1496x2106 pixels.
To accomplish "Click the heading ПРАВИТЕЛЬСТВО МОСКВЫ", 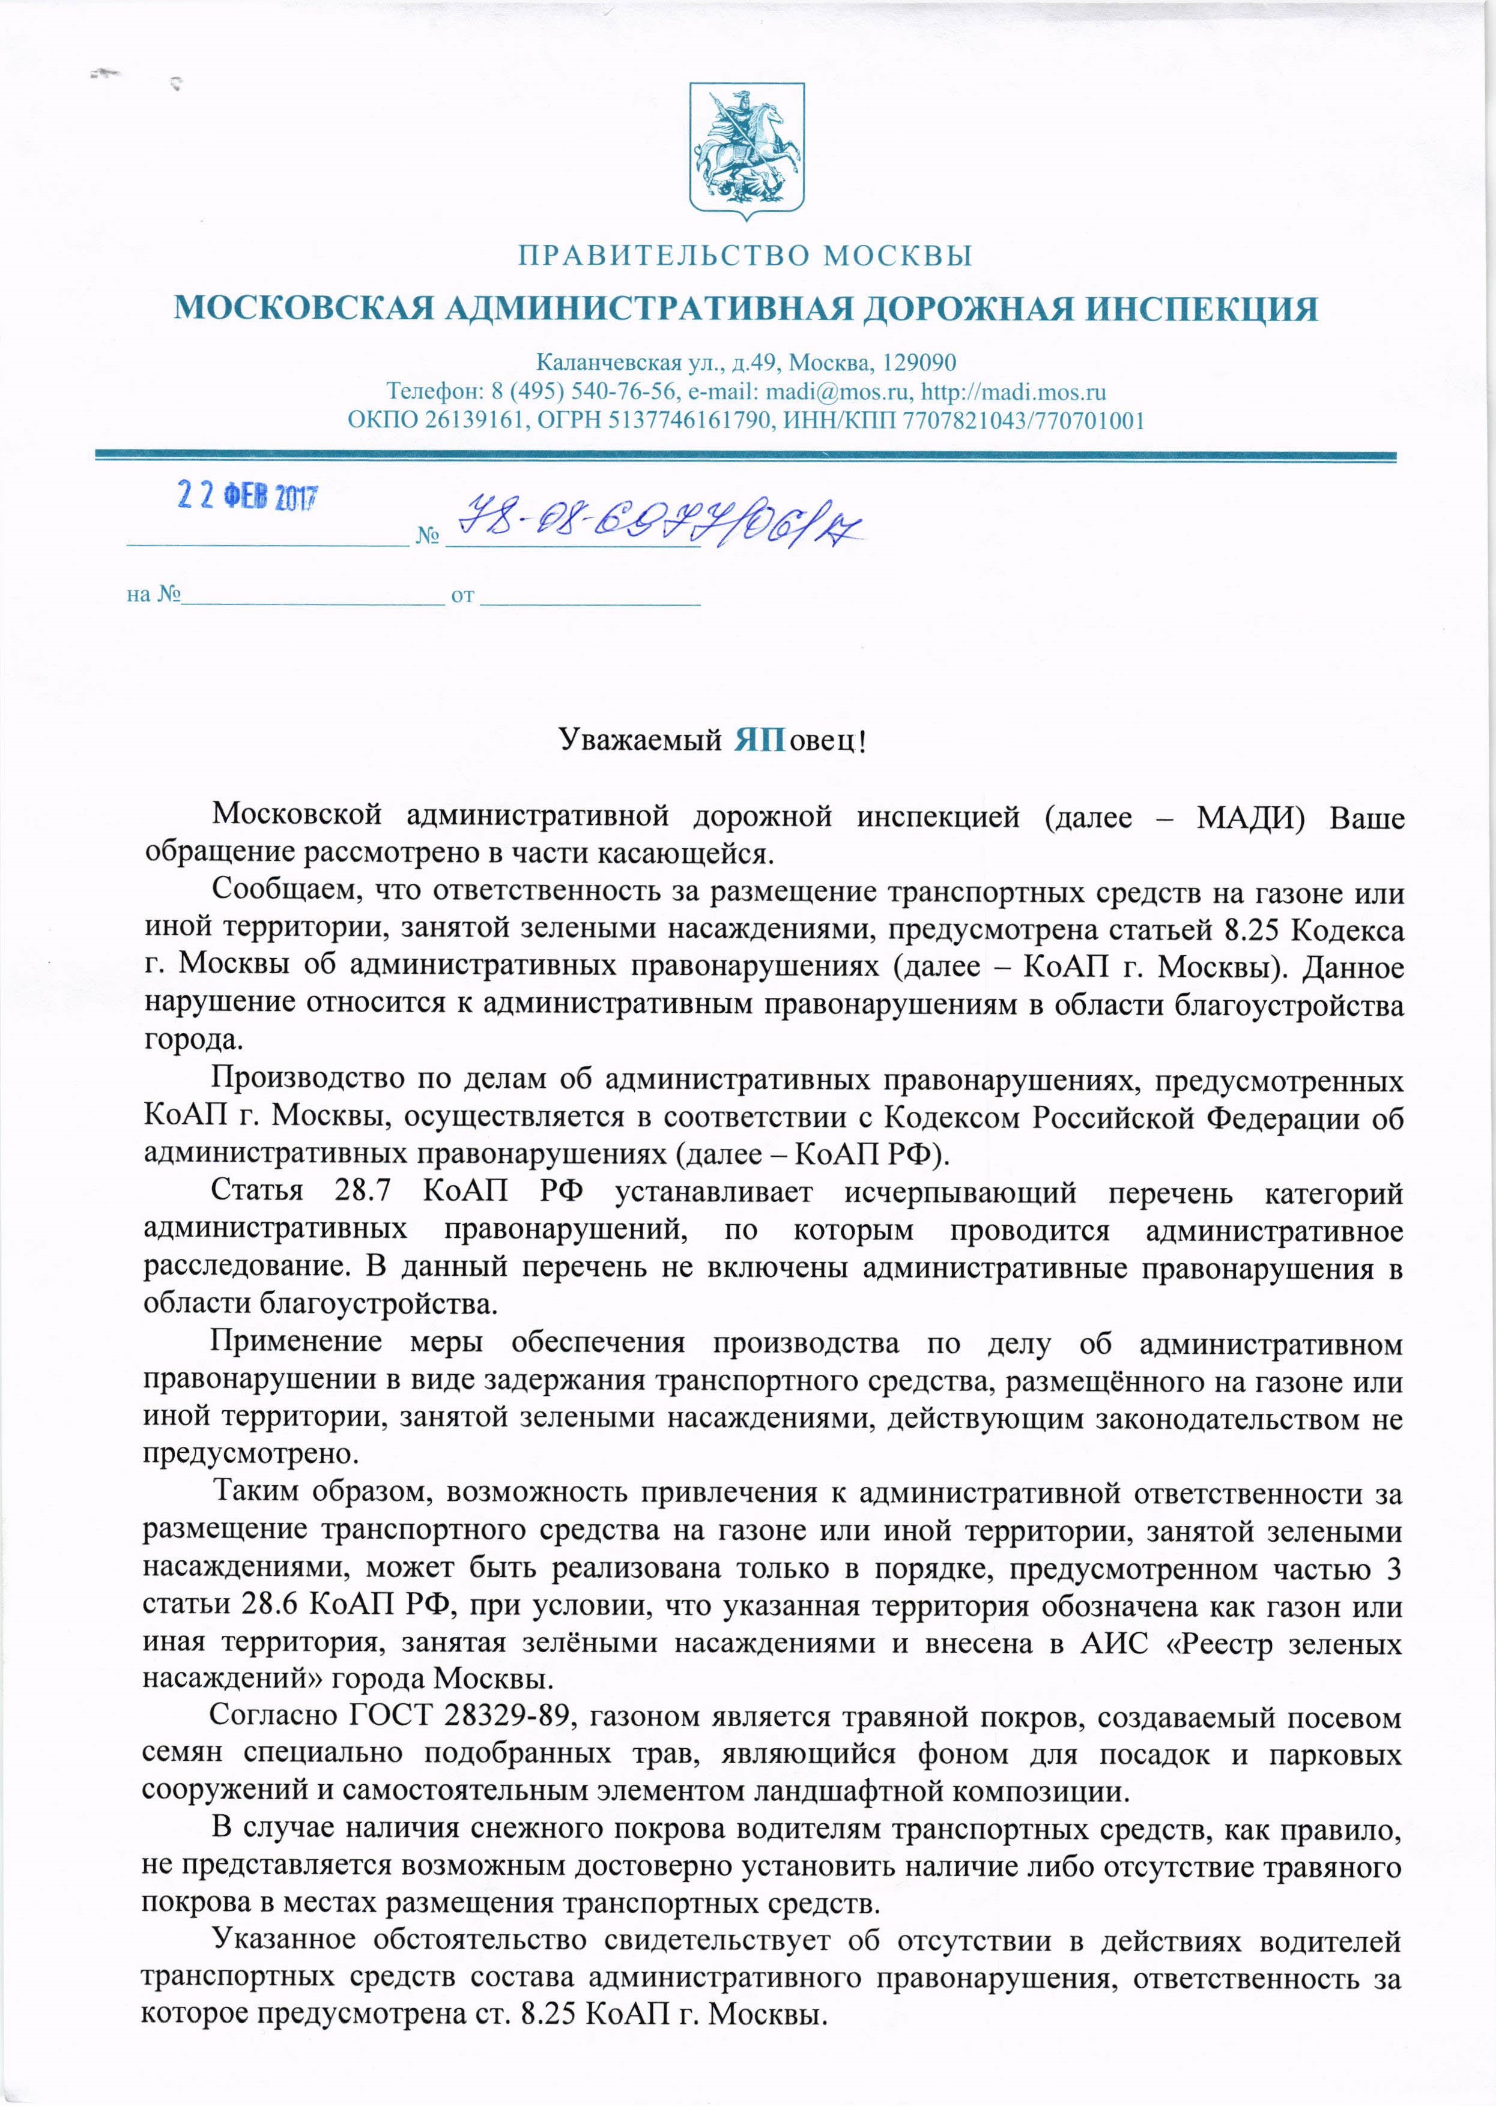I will pos(745,255).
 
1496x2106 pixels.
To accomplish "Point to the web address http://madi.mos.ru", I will pos(1013,391).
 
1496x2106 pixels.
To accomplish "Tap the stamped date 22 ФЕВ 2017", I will pos(247,498).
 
